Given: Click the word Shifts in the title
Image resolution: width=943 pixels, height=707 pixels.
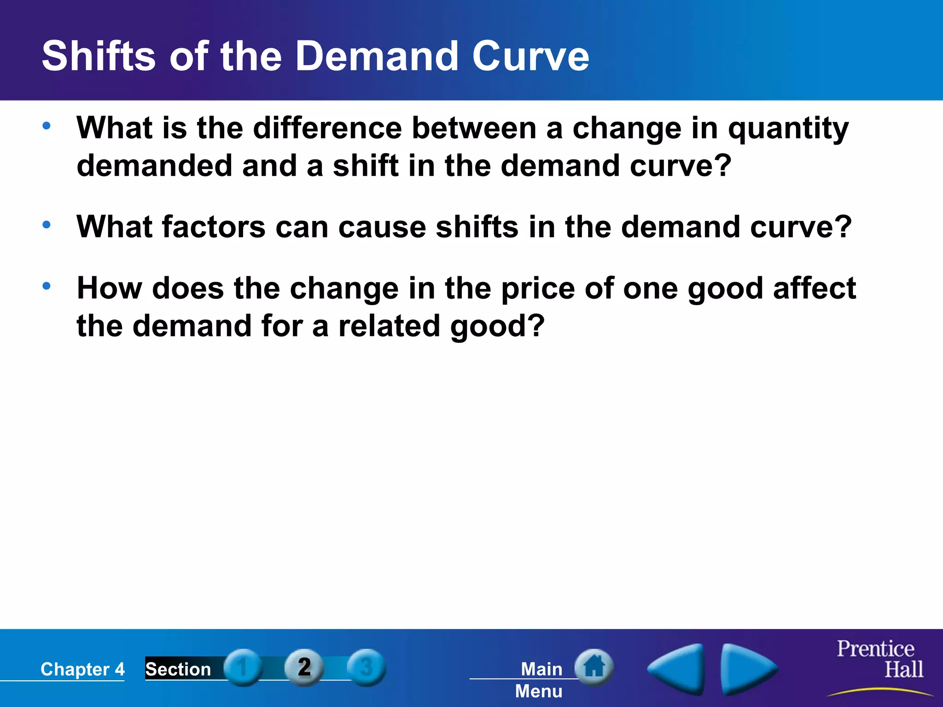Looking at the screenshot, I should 99,56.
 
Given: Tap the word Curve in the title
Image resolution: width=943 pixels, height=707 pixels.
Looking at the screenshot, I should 530,56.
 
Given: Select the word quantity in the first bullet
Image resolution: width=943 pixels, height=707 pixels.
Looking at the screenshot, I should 788,129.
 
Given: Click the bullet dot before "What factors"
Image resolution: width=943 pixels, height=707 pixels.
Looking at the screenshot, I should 47,225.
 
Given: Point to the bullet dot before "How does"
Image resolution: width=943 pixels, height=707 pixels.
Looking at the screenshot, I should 47,286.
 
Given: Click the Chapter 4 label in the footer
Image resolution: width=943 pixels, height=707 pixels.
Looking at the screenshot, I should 82,669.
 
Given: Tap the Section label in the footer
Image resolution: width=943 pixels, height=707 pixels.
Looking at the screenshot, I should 178,669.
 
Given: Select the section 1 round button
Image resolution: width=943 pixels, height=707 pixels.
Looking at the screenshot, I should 243,667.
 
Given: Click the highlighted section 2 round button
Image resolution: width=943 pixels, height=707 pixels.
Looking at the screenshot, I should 304,667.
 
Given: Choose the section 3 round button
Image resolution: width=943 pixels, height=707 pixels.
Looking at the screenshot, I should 366,667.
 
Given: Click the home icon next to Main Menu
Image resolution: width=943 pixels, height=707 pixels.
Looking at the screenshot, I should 594,666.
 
